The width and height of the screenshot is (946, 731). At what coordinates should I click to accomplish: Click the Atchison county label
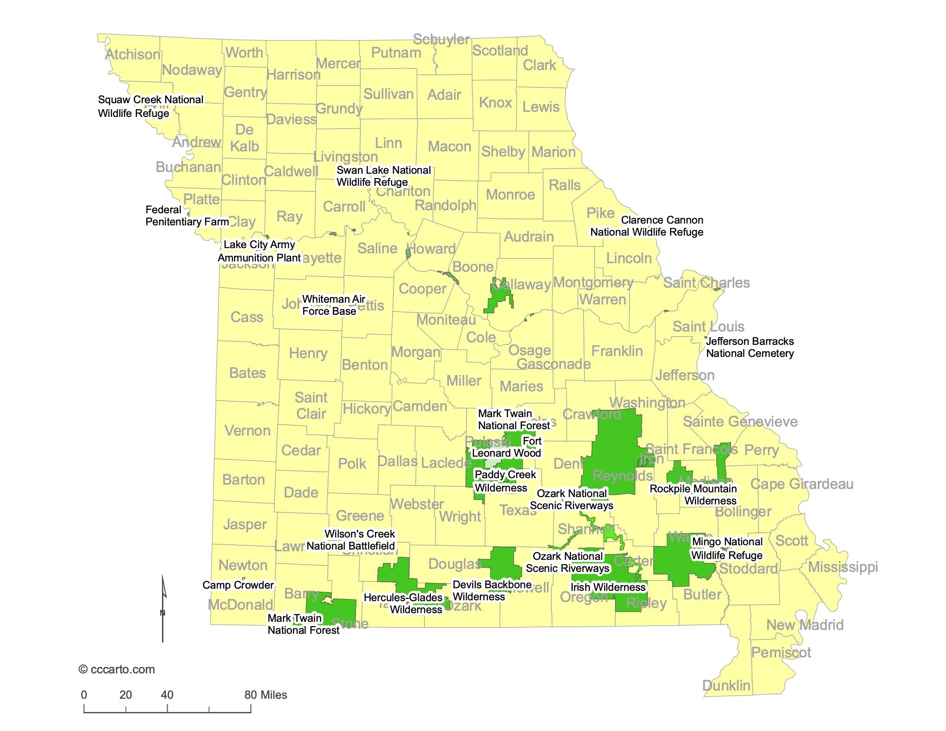point(132,55)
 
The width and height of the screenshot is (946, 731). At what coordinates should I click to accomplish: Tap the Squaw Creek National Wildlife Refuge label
point(150,107)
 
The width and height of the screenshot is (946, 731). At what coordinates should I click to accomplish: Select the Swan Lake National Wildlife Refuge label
point(383,176)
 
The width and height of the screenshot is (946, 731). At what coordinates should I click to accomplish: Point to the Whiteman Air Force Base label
point(333,305)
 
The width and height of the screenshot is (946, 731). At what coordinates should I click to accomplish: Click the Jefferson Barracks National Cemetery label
point(750,347)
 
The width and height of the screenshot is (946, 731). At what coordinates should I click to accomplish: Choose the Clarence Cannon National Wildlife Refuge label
point(647,226)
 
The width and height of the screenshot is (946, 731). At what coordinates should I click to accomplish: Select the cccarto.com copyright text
point(117,670)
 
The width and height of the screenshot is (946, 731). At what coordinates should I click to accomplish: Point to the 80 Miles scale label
point(265,694)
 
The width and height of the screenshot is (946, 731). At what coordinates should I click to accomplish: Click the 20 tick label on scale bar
point(126,694)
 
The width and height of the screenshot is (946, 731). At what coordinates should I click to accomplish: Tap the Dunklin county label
point(726,685)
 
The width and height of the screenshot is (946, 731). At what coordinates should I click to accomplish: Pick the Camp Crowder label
point(238,585)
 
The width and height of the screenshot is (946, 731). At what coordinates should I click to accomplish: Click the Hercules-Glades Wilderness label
point(403,604)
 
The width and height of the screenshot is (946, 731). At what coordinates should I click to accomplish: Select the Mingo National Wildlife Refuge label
point(726,549)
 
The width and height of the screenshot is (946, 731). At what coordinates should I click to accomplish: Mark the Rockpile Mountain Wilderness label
point(694,494)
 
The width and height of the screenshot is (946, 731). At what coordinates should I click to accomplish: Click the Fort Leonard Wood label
point(507,447)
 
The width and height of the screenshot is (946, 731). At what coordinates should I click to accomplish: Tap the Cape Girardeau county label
point(802,484)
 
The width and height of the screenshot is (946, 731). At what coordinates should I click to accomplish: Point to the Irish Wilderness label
point(608,587)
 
